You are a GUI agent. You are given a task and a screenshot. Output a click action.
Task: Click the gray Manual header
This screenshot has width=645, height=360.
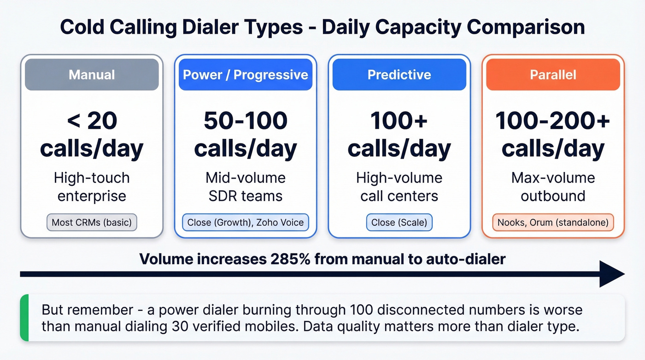(92, 74)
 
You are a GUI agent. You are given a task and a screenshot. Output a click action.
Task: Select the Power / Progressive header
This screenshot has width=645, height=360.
(246, 74)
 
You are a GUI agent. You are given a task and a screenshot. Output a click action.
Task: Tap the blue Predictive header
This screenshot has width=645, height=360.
(399, 74)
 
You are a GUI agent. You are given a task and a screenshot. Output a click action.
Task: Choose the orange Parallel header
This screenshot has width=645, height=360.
(553, 74)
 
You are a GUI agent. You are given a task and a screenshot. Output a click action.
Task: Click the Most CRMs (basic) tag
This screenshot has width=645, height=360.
(92, 223)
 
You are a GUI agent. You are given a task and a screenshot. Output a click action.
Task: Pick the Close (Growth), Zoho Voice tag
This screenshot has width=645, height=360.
(246, 223)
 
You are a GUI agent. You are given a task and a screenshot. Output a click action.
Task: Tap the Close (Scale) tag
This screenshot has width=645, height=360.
(399, 223)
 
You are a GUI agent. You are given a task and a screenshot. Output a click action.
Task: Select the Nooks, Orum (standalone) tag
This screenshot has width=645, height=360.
(553, 223)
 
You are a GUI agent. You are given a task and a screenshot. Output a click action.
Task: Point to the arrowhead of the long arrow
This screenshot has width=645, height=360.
(613, 274)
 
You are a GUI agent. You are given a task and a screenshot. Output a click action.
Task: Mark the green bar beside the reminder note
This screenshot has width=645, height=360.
(24, 318)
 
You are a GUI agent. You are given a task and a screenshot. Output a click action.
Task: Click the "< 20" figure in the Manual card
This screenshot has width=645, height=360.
(92, 121)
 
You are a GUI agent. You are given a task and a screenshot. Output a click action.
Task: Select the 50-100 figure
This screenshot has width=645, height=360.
(246, 121)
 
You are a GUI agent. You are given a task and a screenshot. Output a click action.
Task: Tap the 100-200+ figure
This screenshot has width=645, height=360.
(553, 121)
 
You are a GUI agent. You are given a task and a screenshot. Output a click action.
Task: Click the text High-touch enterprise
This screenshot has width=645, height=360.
(92, 187)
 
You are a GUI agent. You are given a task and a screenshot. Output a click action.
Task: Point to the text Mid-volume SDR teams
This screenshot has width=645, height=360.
(246, 187)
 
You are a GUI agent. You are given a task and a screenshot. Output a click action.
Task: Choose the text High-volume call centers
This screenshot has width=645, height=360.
(399, 187)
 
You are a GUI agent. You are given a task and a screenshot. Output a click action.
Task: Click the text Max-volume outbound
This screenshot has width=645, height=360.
(553, 187)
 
